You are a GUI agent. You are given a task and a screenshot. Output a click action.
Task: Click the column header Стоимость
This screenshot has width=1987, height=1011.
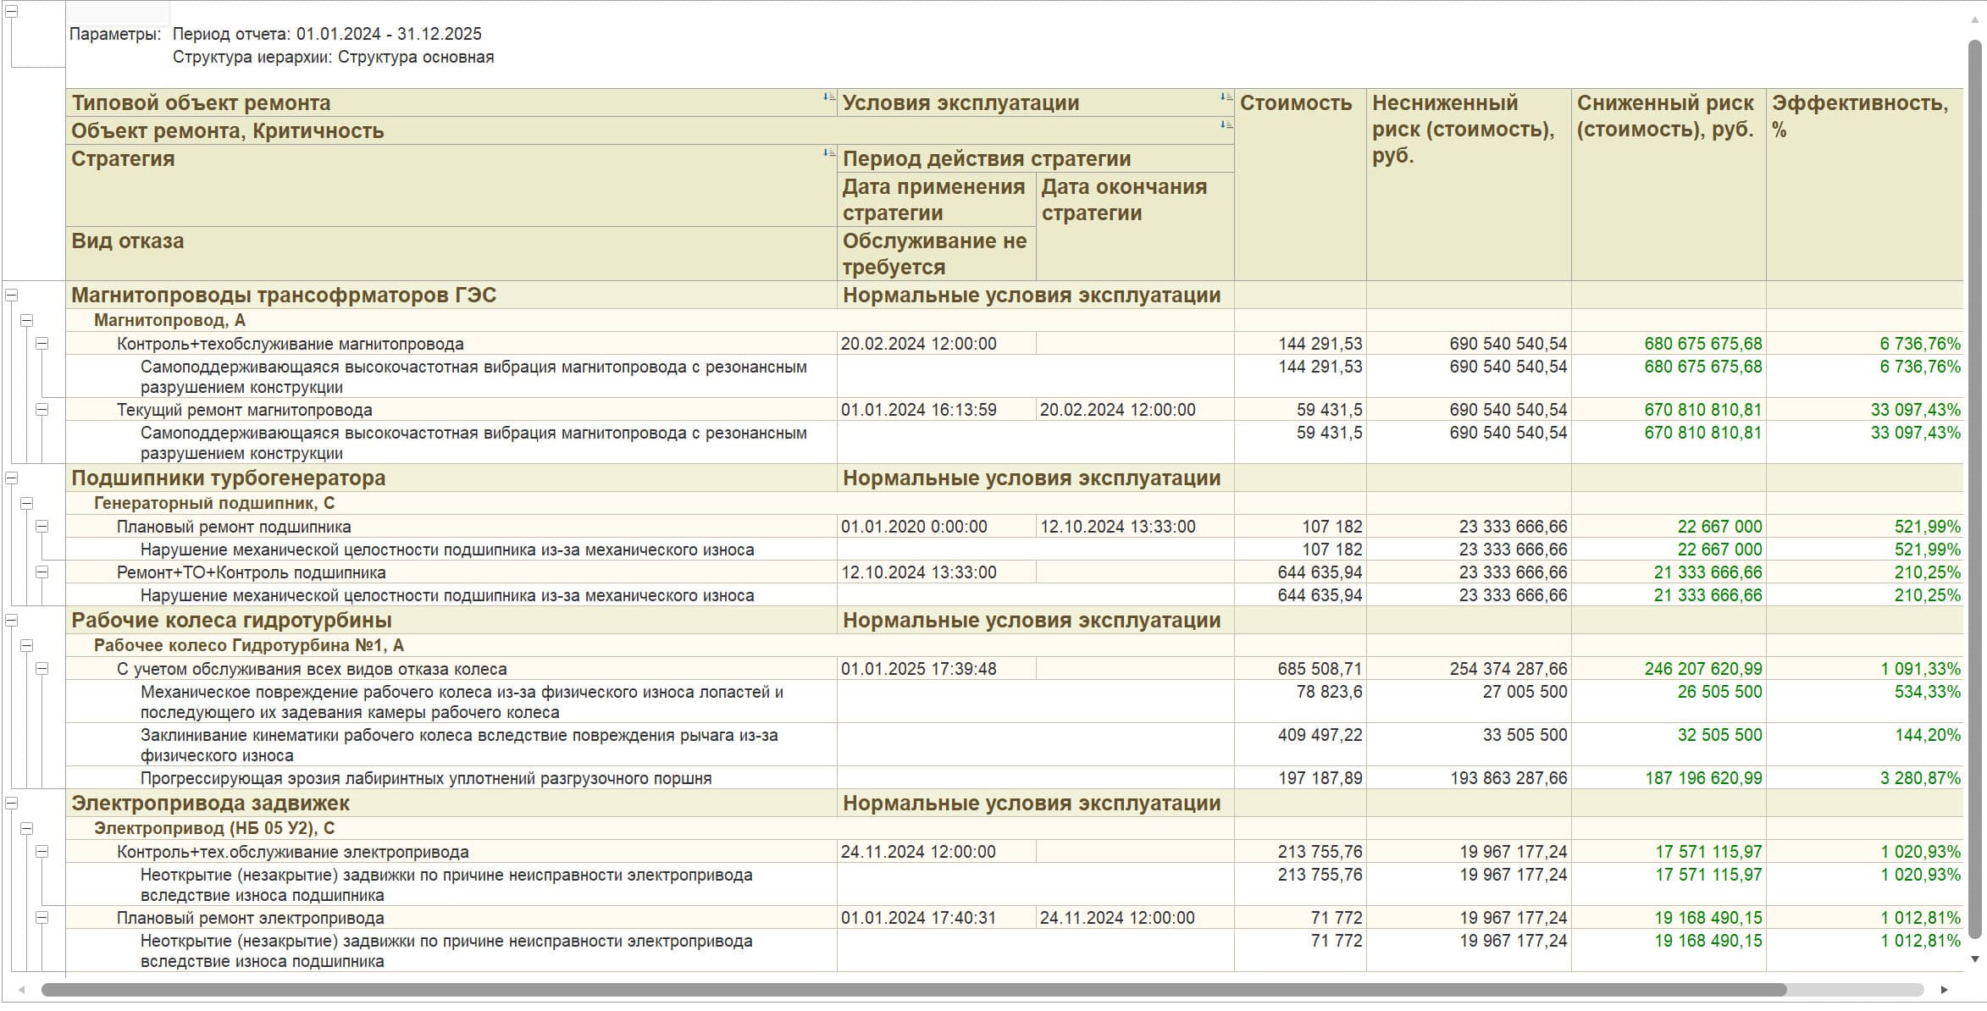coord(1295,103)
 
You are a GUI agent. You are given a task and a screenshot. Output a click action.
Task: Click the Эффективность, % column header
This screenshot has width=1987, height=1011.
coord(1859,115)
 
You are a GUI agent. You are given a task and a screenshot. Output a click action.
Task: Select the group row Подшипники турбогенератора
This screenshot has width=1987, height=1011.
coord(228,478)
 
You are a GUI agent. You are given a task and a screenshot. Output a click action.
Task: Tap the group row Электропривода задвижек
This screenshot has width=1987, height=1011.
coord(210,804)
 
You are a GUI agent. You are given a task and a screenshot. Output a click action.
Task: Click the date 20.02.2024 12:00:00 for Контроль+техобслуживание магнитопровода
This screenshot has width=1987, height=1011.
coord(918,344)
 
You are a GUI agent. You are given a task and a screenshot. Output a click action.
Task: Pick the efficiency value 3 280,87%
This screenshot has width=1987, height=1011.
coord(1920,778)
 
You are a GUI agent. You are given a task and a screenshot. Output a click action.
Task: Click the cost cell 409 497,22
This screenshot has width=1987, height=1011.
coord(1320,735)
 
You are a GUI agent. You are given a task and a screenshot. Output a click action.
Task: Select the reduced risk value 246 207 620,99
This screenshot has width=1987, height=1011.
coord(1702,669)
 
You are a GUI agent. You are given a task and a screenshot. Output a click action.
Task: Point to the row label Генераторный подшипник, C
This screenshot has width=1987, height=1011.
coord(214,504)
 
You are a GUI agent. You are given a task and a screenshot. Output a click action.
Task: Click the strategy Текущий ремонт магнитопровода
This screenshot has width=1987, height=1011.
coord(244,411)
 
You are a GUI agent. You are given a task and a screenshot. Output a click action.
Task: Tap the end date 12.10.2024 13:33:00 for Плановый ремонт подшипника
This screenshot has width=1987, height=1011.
coord(1117,527)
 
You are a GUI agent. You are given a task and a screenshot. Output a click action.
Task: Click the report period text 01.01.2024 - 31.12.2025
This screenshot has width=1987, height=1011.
coord(389,34)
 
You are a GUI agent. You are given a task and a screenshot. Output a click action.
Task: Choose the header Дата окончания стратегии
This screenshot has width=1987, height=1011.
coord(1123,200)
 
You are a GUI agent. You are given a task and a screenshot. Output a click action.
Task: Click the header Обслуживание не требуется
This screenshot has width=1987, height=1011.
coord(934,253)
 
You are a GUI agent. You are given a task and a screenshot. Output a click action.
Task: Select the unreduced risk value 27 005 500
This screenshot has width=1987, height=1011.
coord(1525,692)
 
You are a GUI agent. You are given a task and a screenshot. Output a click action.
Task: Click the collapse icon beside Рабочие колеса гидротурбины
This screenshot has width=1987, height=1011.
coord(12,621)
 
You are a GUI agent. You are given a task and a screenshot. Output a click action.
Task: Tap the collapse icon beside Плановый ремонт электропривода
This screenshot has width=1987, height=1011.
coord(42,918)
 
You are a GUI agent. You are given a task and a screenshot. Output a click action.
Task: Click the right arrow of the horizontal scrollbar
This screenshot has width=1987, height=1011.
coord(1944,990)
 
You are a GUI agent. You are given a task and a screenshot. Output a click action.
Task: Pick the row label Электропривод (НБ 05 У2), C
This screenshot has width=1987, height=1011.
coord(214,829)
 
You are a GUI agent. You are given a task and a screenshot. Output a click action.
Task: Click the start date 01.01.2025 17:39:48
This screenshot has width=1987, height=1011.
coord(918,669)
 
